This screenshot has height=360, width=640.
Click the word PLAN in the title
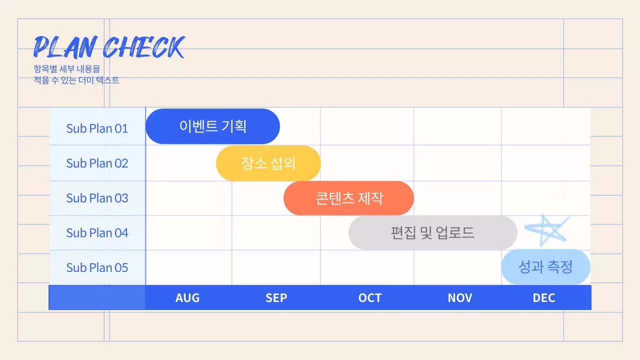[x=64, y=47]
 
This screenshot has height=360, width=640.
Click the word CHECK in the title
[x=144, y=47]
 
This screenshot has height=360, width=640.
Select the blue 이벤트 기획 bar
[x=212, y=126]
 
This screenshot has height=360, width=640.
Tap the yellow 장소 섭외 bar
[x=268, y=163]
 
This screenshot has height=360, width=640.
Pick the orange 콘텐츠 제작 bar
[x=348, y=198]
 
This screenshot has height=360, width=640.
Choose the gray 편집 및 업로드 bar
[x=432, y=232]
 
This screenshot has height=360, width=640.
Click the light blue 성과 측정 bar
[x=545, y=267]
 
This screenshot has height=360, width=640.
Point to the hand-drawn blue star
[x=547, y=230]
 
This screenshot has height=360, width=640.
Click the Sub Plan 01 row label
[x=97, y=128]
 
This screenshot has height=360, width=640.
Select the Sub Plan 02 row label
[x=97, y=163]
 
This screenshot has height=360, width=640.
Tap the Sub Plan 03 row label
[x=97, y=198]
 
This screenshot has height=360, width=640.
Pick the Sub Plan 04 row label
[x=97, y=233]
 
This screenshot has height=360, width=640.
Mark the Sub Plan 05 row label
[x=97, y=267]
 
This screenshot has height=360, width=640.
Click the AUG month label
[x=187, y=298]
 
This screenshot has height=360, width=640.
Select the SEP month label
[x=276, y=298]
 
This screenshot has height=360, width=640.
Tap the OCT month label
[x=370, y=298]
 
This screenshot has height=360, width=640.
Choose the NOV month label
[x=459, y=298]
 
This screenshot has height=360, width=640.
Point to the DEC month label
[x=544, y=298]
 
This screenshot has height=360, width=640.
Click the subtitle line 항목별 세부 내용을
[x=67, y=69]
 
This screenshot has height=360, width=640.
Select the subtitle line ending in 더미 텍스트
[x=76, y=80]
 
